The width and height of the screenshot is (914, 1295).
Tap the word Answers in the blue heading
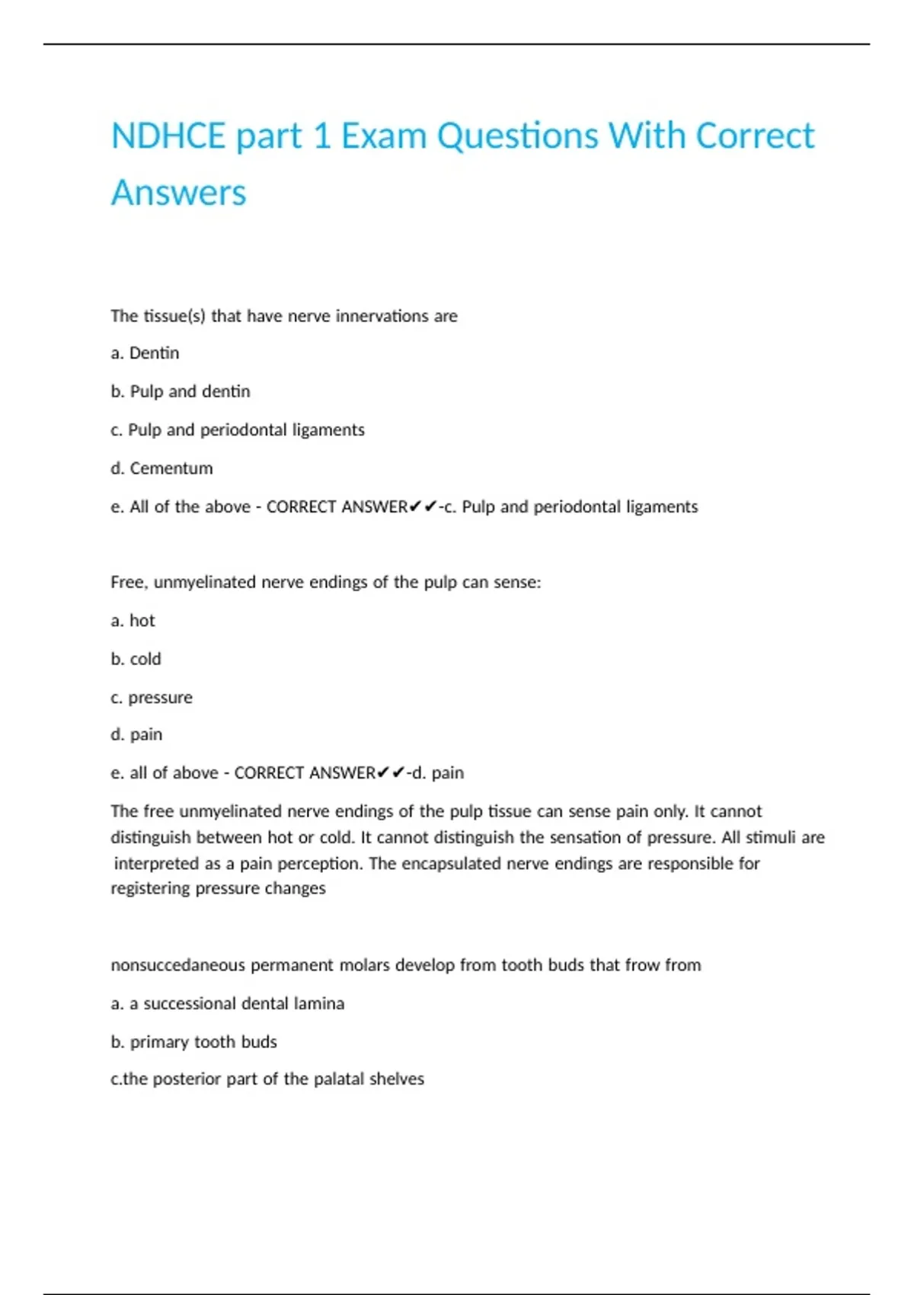pos(179,193)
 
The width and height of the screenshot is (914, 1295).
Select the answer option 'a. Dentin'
pos(145,353)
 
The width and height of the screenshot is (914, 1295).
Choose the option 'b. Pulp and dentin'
pos(181,392)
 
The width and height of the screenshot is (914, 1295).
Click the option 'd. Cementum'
pos(161,468)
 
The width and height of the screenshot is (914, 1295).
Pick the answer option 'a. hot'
pos(133,621)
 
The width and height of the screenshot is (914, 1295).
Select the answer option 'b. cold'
pos(136,659)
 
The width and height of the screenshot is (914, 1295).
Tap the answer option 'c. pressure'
pos(152,698)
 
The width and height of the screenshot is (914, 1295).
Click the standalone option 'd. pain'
pos(136,735)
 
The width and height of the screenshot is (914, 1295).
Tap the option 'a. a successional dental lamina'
pos(227,1004)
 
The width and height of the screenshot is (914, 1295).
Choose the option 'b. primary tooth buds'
pos(193,1042)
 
